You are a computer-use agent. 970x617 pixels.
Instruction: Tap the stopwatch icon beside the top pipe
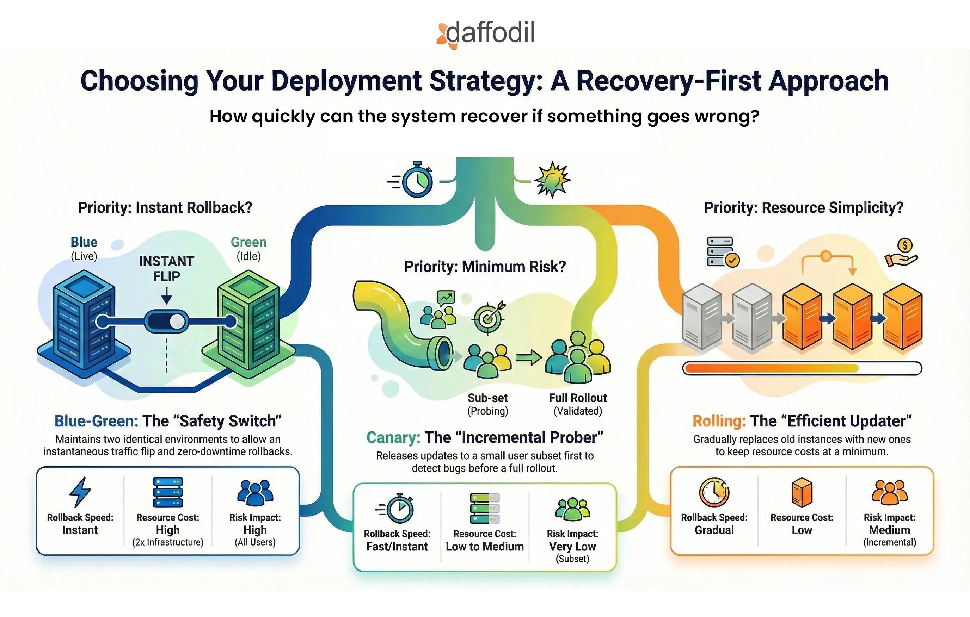pos(417,180)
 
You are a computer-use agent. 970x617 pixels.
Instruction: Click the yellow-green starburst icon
pos(552,180)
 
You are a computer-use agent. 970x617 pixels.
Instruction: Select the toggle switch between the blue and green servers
pos(166,321)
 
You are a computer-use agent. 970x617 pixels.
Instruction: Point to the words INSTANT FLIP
pos(166,268)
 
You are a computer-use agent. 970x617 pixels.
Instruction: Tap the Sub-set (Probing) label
pos(487,404)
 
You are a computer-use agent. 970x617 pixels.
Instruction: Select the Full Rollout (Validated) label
pos(578,404)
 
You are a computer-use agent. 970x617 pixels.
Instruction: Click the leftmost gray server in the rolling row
pos(702,316)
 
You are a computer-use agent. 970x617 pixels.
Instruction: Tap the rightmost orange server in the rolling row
pos(902,316)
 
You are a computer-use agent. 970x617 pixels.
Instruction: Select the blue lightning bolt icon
pos(80,492)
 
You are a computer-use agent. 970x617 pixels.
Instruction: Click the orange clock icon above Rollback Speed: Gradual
pos(714,492)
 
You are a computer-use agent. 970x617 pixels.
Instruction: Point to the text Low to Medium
pos(485,547)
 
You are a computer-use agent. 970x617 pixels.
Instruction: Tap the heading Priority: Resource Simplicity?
pos(803,208)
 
